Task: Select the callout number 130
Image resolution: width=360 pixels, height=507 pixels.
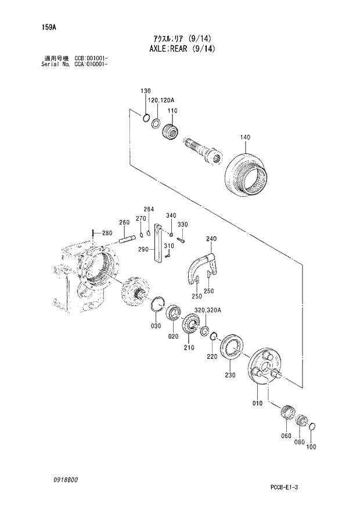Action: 145,91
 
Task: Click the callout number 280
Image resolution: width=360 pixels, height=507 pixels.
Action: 106,233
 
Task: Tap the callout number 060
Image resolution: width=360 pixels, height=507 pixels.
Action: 286,436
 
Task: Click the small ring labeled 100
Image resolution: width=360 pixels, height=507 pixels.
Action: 312,428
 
